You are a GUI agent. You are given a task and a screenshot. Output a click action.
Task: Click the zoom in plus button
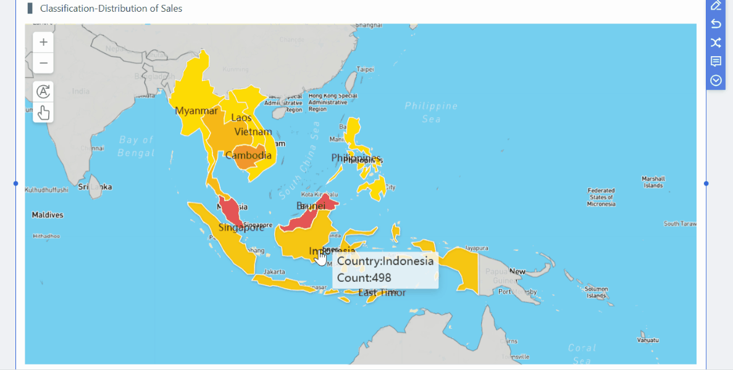pyautogui.click(x=43, y=42)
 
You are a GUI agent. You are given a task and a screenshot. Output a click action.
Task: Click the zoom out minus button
pyautogui.click(x=43, y=63)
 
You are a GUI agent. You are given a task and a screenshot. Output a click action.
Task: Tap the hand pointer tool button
pyautogui.click(x=43, y=112)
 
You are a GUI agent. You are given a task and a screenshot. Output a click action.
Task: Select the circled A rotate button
pyautogui.click(x=43, y=91)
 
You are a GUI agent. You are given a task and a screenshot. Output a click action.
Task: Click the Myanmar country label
pyautogui.click(x=196, y=111)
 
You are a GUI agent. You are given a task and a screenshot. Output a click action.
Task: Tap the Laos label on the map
pyautogui.click(x=241, y=117)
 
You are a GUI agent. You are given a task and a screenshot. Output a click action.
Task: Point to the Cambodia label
pyautogui.click(x=248, y=155)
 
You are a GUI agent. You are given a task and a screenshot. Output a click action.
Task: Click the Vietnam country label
pyautogui.click(x=253, y=132)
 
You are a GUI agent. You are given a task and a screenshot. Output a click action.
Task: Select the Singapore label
pyautogui.click(x=241, y=228)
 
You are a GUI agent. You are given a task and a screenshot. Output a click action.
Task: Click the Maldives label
pyautogui.click(x=48, y=215)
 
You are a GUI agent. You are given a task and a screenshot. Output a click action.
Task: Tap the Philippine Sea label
pyautogui.click(x=431, y=112)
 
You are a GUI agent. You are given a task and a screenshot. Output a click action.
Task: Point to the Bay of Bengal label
pyautogui.click(x=136, y=146)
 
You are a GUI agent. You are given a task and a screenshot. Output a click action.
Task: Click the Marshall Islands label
pyautogui.click(x=653, y=182)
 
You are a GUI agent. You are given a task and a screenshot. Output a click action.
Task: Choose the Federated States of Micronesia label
pyautogui.click(x=601, y=197)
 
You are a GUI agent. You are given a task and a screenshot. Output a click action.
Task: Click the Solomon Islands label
pyautogui.click(x=597, y=292)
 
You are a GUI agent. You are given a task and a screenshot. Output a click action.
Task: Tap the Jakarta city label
pyautogui.click(x=274, y=271)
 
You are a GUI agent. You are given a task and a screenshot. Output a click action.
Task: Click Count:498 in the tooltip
pyautogui.click(x=364, y=277)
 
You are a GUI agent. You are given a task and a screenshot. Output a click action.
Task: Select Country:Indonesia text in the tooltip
pyautogui.click(x=385, y=260)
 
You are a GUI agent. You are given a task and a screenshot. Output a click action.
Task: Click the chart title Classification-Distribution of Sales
pyautogui.click(x=111, y=9)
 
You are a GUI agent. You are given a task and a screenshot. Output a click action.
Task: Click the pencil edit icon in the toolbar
pyautogui.click(x=716, y=6)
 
